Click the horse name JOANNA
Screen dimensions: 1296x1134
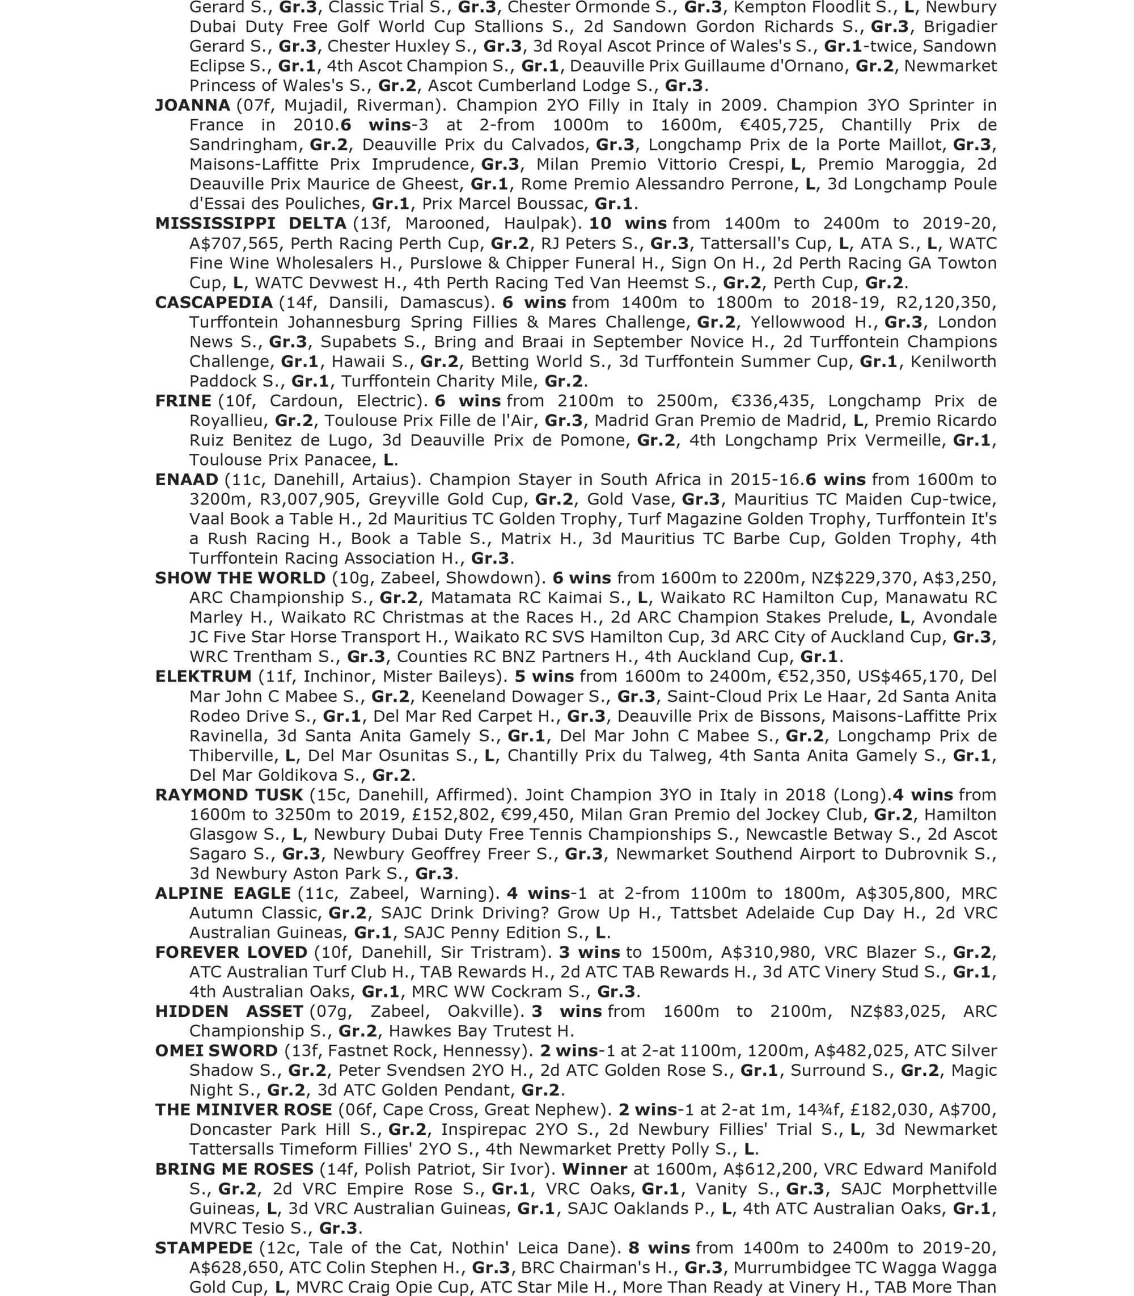[x=192, y=105]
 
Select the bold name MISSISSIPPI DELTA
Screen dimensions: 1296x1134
[x=251, y=224]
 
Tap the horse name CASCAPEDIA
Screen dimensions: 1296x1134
[x=214, y=302]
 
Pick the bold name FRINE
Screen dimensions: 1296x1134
[x=184, y=401]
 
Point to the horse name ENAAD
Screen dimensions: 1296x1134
[x=187, y=480]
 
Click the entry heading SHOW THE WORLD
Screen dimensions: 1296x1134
[x=240, y=578]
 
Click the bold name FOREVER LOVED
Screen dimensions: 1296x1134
[x=231, y=952]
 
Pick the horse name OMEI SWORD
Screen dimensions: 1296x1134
[x=217, y=1050]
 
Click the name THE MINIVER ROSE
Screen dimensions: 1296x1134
[x=244, y=1110]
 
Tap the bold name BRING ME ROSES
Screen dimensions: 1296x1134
[x=234, y=1169]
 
